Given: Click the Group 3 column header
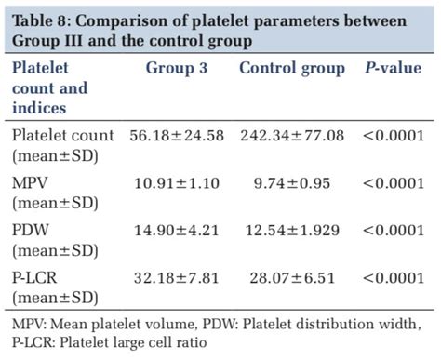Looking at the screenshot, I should [177, 70].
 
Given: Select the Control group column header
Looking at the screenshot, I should [291, 70].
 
